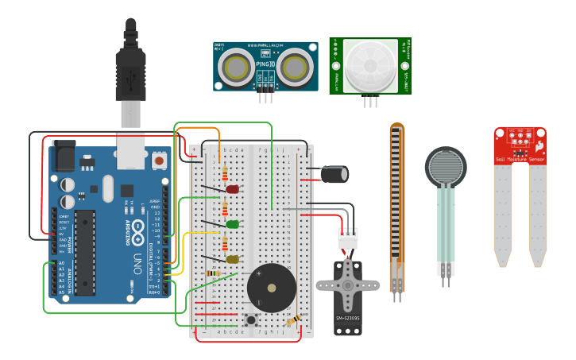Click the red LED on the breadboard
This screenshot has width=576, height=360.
tap(232, 189)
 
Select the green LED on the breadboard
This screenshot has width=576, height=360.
tap(232, 224)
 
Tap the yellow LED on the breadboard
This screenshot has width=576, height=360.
tap(232, 259)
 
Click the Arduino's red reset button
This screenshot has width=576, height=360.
tap(159, 161)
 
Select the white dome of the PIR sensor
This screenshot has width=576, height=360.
tap(370, 67)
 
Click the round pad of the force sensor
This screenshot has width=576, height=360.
tap(446, 168)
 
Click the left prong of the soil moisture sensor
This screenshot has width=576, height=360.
tap(502, 215)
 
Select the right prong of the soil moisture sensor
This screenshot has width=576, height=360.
tap(538, 215)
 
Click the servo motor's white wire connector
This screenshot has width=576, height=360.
tap(347, 238)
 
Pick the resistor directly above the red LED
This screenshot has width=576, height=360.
tap(226, 172)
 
